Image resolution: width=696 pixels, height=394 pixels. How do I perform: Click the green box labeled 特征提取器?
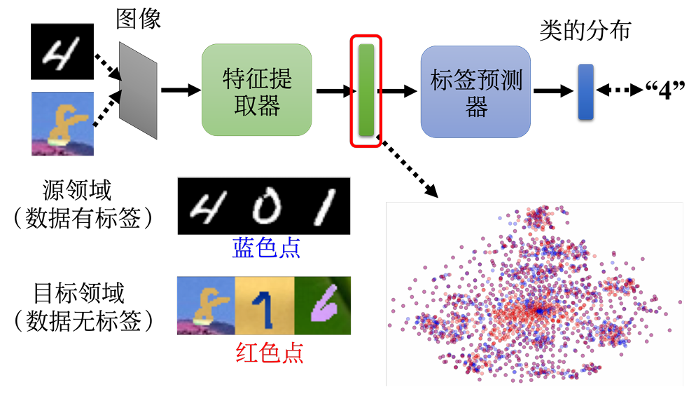tap(256, 90)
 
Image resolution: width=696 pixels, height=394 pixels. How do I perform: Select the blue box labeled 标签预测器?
tap(475, 92)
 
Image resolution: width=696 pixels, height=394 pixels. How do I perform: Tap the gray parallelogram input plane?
tap(138, 90)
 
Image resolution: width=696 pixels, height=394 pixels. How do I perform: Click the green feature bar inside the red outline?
tap(366, 90)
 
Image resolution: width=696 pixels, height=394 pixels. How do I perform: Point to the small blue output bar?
tap(585, 92)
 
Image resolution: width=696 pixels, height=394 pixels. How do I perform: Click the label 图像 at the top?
tap(139, 19)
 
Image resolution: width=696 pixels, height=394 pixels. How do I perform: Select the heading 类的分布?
tap(585, 31)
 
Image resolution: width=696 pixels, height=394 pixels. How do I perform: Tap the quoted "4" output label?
tap(665, 90)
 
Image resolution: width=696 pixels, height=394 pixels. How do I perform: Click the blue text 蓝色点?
tap(266, 248)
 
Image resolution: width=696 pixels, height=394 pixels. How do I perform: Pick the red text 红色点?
tap(270, 353)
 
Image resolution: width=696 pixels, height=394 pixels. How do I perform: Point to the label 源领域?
tap(77, 190)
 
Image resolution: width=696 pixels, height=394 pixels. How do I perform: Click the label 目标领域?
tap(79, 293)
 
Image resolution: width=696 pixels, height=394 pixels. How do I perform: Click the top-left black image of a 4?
tap(62, 51)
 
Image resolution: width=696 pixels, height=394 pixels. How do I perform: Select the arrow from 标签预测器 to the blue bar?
tap(554, 91)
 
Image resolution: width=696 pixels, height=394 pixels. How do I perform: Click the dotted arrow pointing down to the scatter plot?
tap(410, 168)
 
